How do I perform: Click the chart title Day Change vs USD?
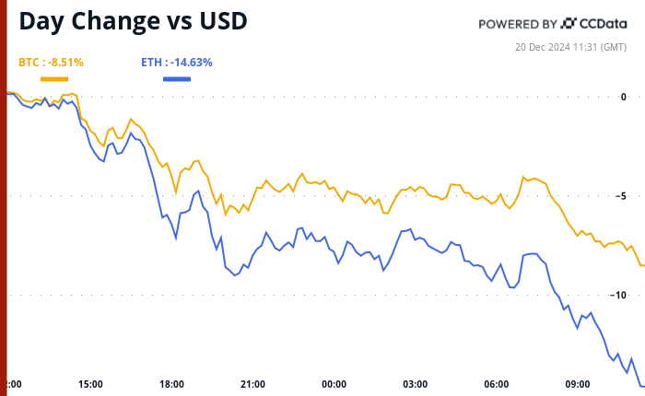(x=134, y=21)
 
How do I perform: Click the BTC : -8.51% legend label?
(x=52, y=63)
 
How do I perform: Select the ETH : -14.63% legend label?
(x=176, y=63)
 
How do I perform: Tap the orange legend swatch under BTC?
(x=53, y=78)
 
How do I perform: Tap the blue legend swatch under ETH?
(x=176, y=78)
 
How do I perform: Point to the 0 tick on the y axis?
(x=623, y=97)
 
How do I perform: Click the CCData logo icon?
(x=569, y=23)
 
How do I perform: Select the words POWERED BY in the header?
(x=517, y=24)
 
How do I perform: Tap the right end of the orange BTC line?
(x=642, y=265)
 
